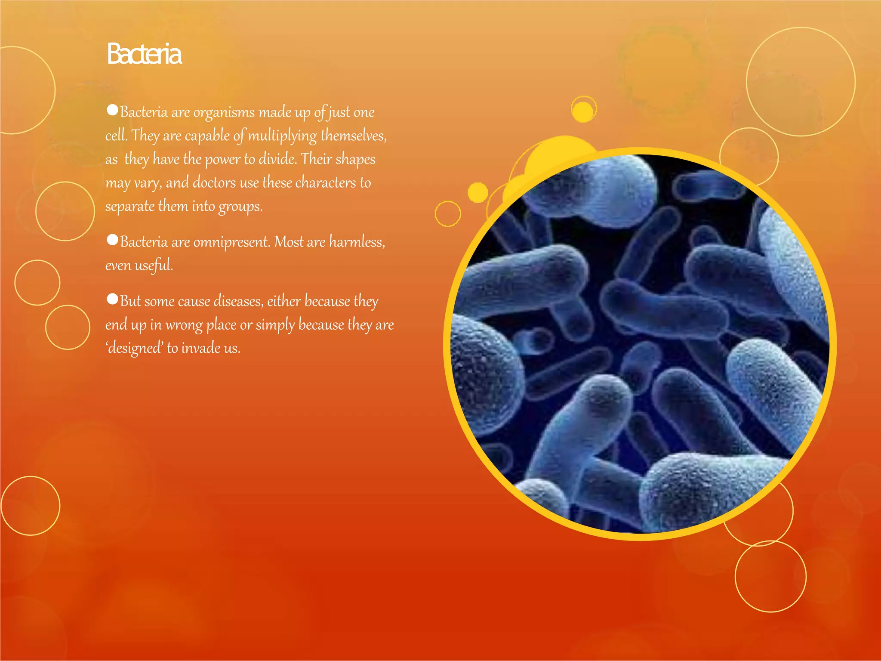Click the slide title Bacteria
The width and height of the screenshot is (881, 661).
144,54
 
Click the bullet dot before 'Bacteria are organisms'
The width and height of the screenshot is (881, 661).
112,110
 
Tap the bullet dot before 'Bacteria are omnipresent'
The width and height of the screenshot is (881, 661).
112,240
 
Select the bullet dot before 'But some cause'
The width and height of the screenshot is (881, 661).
112,299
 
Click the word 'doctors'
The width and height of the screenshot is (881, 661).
214,183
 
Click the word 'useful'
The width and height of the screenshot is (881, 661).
154,265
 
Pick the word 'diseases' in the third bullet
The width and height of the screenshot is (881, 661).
238,301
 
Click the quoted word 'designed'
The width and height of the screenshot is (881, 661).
134,348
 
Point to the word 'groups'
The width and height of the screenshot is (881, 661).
240,207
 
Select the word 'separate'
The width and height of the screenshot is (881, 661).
130,207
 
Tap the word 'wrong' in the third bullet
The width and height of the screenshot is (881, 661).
184,325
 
